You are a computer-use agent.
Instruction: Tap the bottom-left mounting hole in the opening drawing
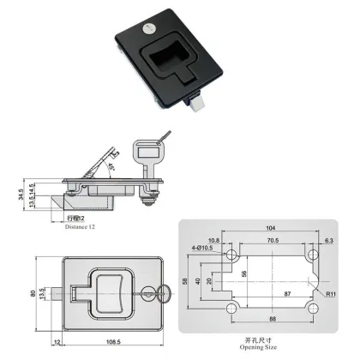click(231, 307)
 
